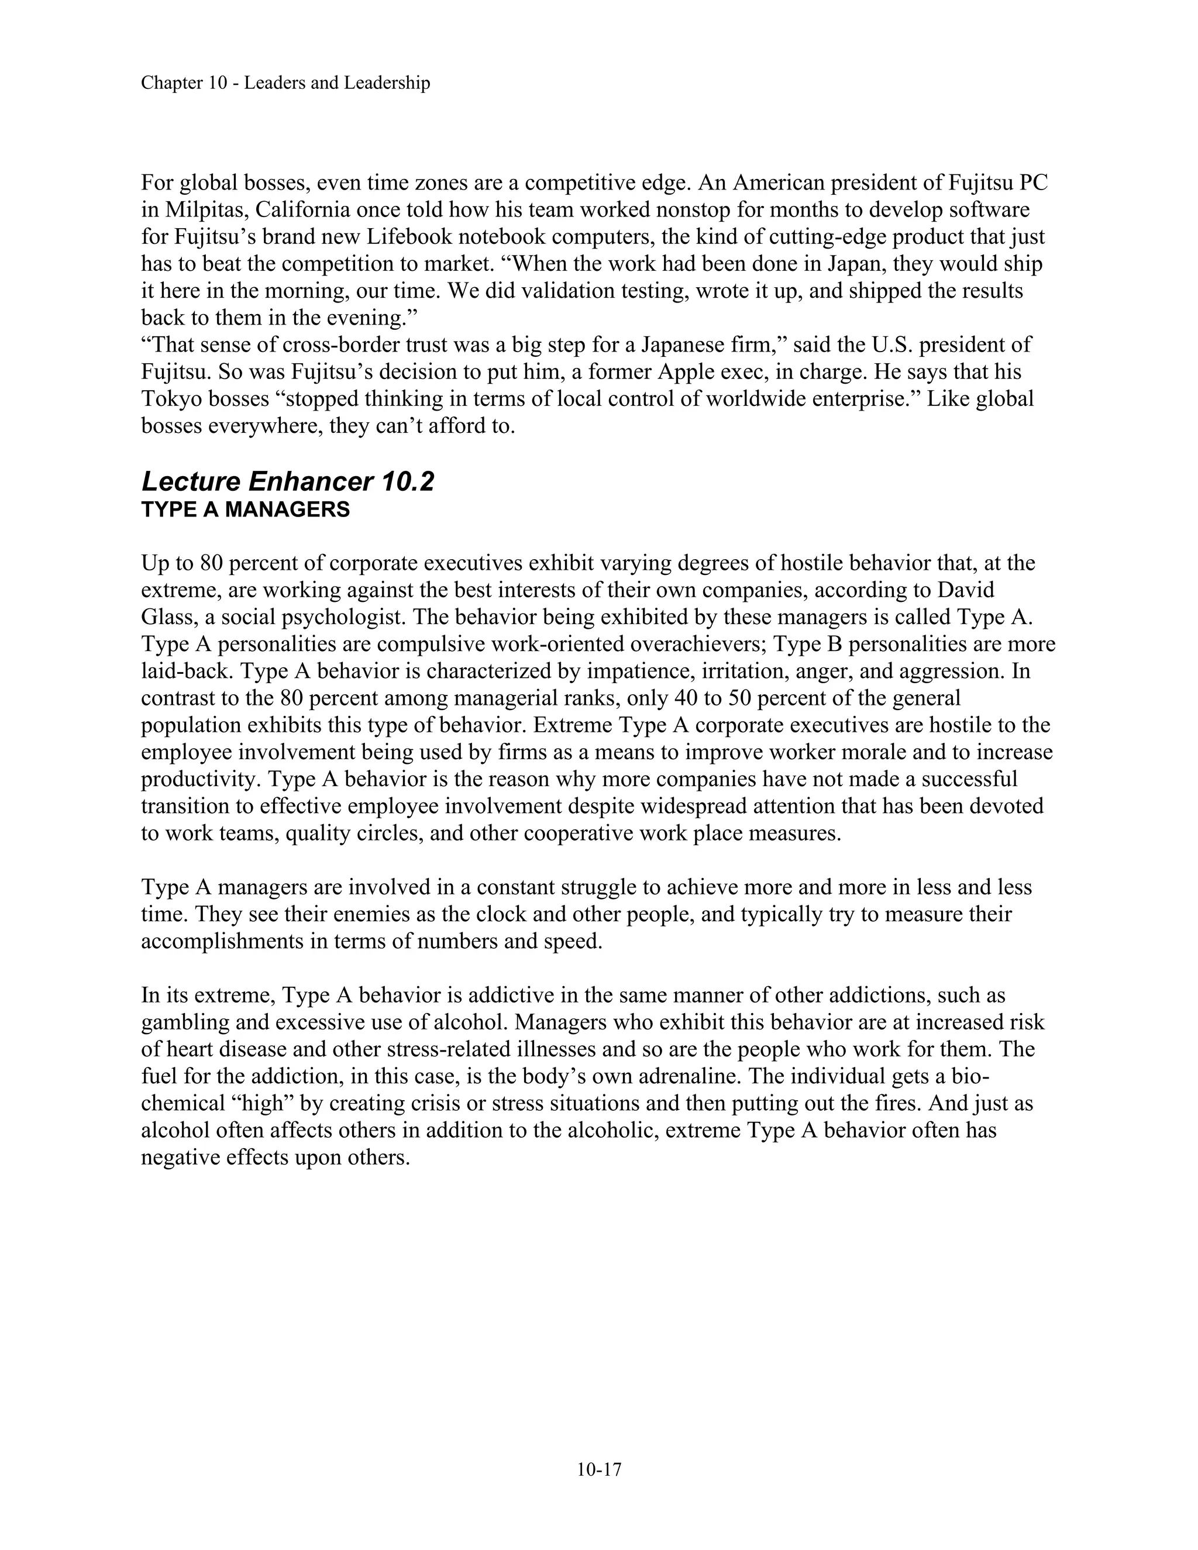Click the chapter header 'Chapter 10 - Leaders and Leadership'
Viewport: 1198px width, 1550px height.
pos(285,83)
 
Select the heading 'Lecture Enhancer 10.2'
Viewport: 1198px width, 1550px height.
pos(287,482)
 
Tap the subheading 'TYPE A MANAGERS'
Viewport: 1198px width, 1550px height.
pos(246,510)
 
